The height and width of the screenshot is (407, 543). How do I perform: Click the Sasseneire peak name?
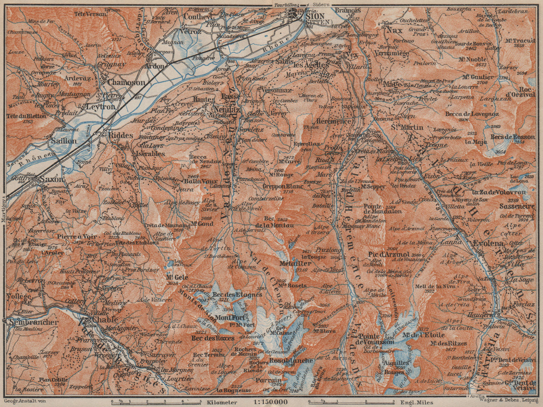(517, 206)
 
